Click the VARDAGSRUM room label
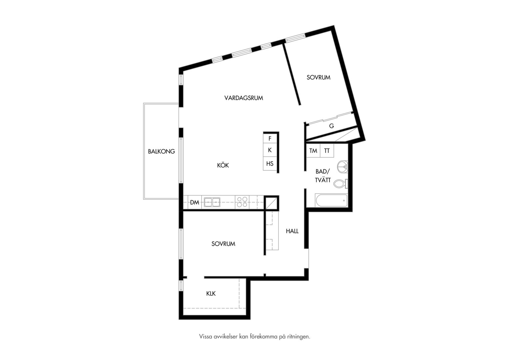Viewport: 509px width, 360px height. tap(244, 98)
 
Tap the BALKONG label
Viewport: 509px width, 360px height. tap(161, 151)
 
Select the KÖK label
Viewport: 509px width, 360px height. tap(223, 165)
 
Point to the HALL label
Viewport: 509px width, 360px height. tap(292, 231)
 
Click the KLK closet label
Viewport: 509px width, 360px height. tap(211, 294)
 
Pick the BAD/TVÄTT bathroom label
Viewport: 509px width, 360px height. tap(323, 176)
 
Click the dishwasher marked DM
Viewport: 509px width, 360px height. tap(195, 202)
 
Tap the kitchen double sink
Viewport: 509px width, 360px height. tap(212, 202)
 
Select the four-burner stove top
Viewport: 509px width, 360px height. tap(242, 202)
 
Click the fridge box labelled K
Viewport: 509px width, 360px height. tap(270, 150)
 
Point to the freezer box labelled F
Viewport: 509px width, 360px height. tap(270, 138)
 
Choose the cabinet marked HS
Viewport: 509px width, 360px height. tap(270, 164)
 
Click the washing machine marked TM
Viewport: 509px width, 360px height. tap(313, 151)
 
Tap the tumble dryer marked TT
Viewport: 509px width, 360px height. tap(327, 151)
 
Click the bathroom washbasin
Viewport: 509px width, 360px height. tap(343, 167)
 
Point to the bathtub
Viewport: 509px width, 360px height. tap(331, 200)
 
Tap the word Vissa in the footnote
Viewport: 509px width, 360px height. tap(206, 336)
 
